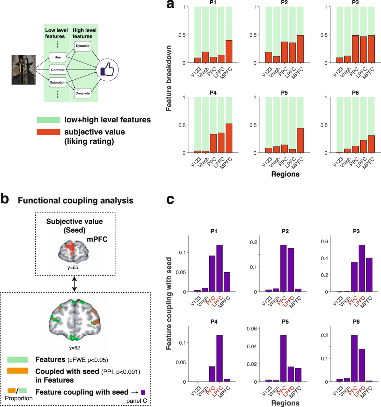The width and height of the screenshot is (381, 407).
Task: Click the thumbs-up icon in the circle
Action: pyautogui.click(x=107, y=70)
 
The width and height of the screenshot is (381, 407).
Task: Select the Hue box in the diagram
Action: pyautogui.click(x=58, y=57)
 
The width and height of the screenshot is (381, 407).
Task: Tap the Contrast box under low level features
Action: pyautogui.click(x=58, y=70)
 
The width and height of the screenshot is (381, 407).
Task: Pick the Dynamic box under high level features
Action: pyautogui.click(x=83, y=46)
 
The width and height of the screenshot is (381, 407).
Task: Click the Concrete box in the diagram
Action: pyautogui.click(x=83, y=93)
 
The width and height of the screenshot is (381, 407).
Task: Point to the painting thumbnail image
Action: pyautogui.click(x=24, y=69)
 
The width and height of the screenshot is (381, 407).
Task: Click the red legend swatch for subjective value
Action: pyautogui.click(x=48, y=132)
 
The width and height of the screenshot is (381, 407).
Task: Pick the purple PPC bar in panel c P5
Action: pyautogui.click(x=283, y=358)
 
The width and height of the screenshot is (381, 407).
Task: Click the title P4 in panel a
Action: pyautogui.click(x=213, y=93)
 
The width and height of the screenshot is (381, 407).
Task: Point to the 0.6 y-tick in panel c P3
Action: pyautogui.click(x=324, y=242)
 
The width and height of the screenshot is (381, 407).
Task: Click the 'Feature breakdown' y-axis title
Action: pyautogui.click(x=169, y=78)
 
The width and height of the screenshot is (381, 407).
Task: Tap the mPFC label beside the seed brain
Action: pyautogui.click(x=97, y=239)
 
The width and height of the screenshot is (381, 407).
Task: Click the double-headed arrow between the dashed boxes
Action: pyautogui.click(x=74, y=284)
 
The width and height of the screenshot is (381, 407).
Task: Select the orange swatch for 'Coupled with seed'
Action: pyautogui.click(x=18, y=371)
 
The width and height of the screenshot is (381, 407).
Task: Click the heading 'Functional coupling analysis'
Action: pyautogui.click(x=75, y=201)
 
